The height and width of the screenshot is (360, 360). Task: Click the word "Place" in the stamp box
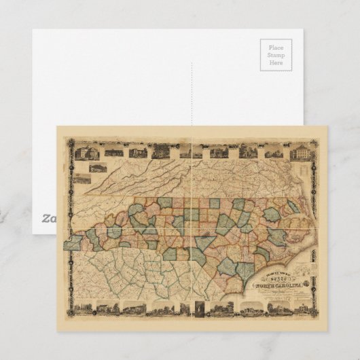[x=276, y=48]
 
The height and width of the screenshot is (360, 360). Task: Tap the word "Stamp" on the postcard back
[x=276, y=56]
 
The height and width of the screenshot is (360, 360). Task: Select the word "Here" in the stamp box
[x=276, y=63]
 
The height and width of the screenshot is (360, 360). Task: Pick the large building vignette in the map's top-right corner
[x=300, y=152]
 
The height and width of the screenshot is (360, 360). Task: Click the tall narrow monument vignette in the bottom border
[x=199, y=309]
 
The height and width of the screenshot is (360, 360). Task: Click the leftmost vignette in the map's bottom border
[x=86, y=309]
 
